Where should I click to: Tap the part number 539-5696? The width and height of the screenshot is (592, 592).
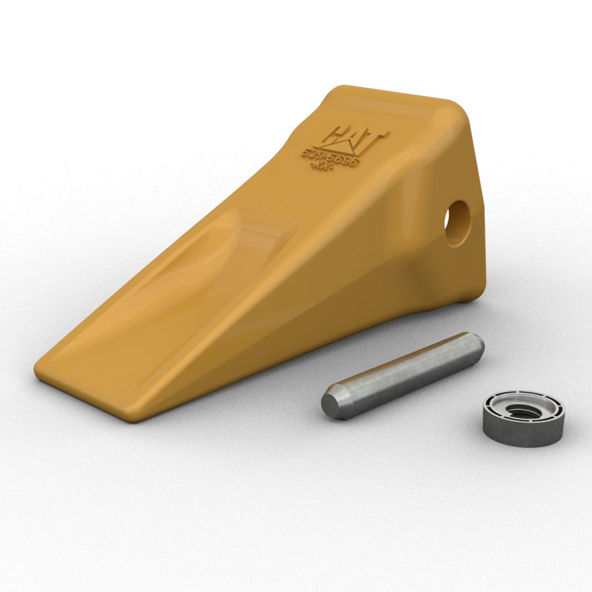pos(331,157)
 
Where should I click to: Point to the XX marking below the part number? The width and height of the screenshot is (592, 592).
pos(320,168)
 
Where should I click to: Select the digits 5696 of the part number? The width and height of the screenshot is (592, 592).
pos(343,160)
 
